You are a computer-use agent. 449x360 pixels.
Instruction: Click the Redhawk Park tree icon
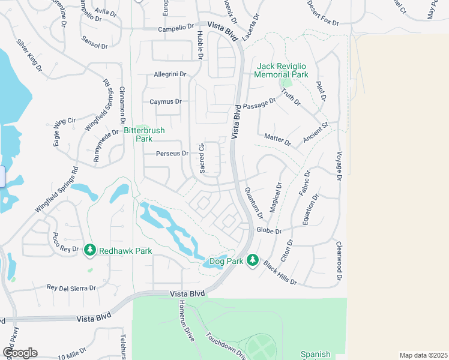(x=90, y=250)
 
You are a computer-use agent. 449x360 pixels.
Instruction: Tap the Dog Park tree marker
(x=253, y=260)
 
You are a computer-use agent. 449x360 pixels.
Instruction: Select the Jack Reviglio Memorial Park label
(x=281, y=70)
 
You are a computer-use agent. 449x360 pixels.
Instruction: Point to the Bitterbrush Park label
(x=143, y=134)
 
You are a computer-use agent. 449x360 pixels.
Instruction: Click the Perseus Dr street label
(x=172, y=154)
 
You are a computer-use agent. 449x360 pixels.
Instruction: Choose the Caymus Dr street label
(x=165, y=102)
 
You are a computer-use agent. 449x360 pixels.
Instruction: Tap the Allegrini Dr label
(x=170, y=74)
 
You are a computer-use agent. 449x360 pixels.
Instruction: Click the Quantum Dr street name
(x=255, y=203)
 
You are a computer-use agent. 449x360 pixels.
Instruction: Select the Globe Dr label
(x=269, y=230)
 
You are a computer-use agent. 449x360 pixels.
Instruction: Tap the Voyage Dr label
(x=339, y=166)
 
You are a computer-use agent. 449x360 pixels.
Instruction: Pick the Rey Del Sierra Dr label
(x=71, y=288)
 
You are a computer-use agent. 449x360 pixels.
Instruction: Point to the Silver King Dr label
(x=29, y=55)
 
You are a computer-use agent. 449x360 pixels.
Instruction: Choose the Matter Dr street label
(x=277, y=140)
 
